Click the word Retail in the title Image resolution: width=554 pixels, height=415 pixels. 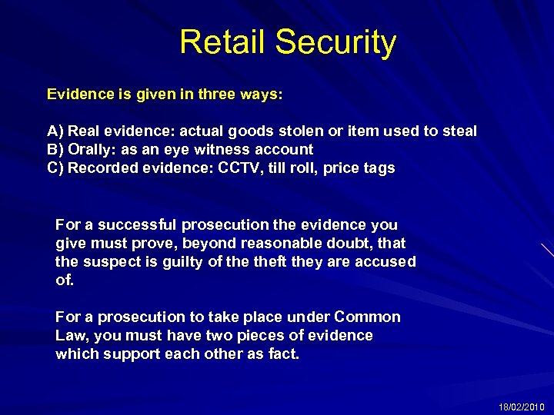222,42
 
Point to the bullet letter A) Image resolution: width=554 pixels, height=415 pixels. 55,131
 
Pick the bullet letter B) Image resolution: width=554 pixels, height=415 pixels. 55,150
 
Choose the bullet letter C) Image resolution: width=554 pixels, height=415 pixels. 55,168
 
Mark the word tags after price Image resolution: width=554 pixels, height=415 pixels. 378,168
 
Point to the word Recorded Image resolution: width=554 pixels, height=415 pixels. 102,168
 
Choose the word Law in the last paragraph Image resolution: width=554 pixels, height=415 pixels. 72,336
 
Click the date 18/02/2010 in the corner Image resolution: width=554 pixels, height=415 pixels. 521,407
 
